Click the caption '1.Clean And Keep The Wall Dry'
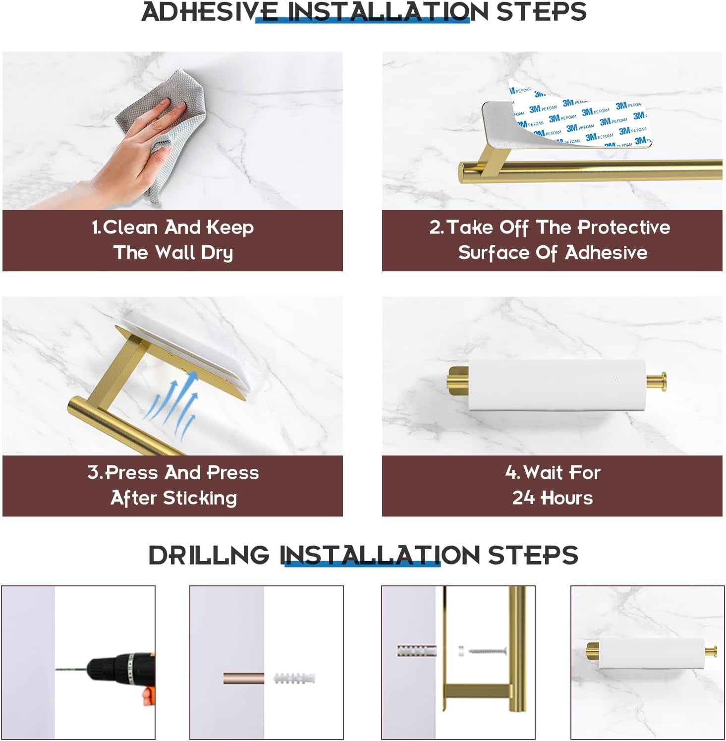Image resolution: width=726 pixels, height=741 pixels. (172, 240)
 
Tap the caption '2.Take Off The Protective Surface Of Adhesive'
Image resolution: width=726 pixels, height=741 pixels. (552, 240)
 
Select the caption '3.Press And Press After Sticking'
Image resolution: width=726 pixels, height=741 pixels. (172, 485)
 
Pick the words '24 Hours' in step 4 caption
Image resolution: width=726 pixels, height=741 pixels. (552, 498)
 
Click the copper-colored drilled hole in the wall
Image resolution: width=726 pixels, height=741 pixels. (243, 678)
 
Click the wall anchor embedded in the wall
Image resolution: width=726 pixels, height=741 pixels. (416, 650)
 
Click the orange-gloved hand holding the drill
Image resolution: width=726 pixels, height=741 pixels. (148, 694)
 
